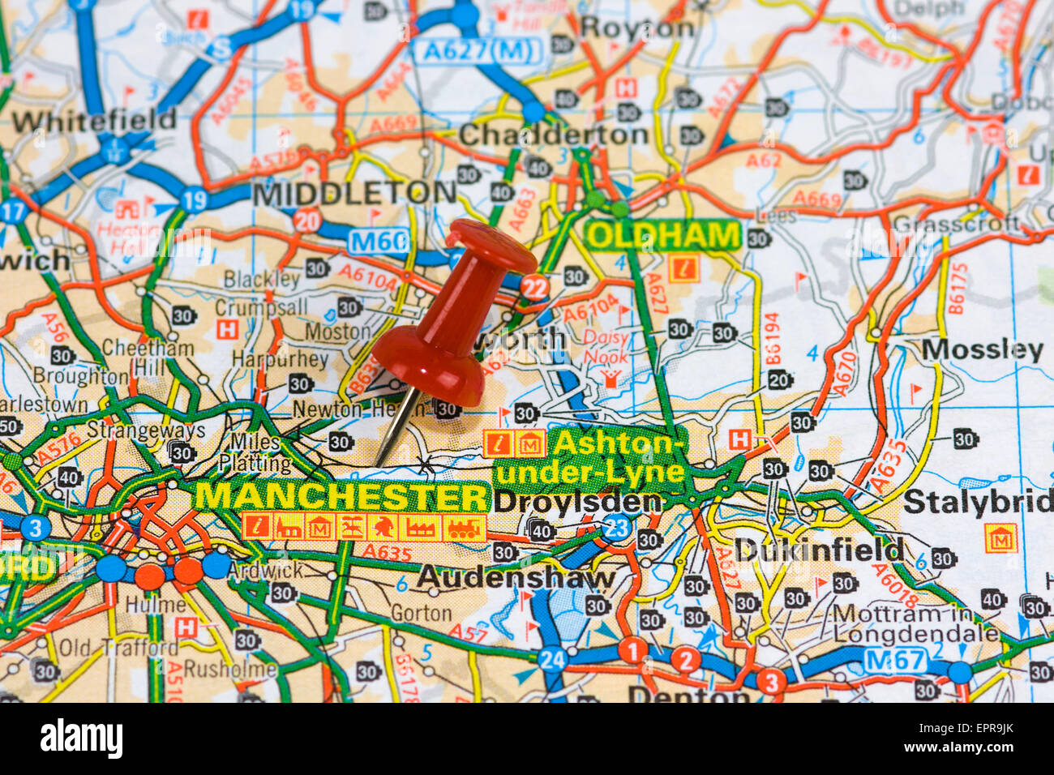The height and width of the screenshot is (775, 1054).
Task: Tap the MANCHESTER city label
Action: [x=342, y=495]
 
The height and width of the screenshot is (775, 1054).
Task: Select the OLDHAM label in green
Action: [x=662, y=236]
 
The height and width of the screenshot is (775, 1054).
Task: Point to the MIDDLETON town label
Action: [x=354, y=193]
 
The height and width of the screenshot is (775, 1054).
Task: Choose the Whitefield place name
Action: [x=93, y=121]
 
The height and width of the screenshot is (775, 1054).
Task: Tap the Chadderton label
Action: [x=553, y=135]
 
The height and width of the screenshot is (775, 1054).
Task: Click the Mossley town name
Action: [x=982, y=350]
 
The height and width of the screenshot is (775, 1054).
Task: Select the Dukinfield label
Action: [x=818, y=550]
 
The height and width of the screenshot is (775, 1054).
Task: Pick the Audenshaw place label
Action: [x=516, y=578]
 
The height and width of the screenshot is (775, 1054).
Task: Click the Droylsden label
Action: [x=576, y=502]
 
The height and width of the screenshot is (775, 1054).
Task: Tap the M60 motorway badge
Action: [x=379, y=241]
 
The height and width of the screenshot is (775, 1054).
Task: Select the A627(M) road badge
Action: [x=479, y=51]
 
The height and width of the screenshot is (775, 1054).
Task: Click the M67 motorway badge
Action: [x=894, y=660]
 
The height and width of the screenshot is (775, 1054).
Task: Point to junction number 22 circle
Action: [x=534, y=287]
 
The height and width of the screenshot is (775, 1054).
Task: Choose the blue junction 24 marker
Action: [x=552, y=660]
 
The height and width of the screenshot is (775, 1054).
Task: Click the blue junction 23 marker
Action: [x=618, y=528]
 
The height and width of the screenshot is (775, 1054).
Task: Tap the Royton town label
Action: [x=637, y=28]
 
